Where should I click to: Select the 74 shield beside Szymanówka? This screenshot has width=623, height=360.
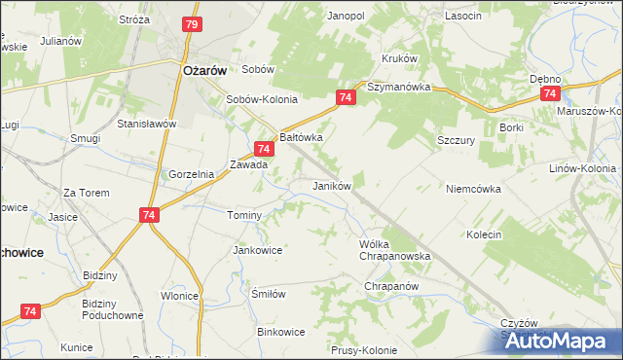347,97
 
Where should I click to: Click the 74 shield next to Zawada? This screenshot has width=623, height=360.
263,149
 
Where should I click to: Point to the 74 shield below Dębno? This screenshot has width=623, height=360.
550,93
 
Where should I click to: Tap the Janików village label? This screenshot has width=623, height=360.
331,185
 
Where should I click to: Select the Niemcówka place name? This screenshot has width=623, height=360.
474,189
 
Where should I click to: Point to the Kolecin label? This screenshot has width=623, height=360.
484,234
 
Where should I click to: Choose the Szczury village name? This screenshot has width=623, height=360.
456,140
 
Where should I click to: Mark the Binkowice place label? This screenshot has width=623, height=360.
280,332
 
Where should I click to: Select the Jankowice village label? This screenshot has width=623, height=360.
257,250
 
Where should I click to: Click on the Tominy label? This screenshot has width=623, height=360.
244,215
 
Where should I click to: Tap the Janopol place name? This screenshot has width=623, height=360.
346,17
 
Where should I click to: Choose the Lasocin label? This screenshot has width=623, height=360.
462,17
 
